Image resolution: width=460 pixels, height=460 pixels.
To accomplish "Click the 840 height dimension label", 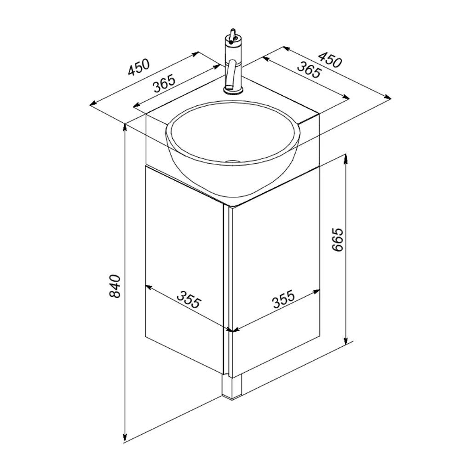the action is coord(115,286).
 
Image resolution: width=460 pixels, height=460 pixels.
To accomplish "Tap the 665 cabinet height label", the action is coord(337,239).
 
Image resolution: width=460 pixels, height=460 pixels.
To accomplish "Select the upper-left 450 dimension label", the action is coord(139,67).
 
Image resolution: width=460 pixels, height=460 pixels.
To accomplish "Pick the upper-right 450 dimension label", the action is coord(330,60).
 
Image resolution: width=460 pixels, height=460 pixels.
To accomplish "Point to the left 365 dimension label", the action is coord(164,84).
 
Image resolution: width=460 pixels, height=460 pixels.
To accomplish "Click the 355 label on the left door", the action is coord(189,299).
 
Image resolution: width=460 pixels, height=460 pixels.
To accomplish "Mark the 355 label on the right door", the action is coord(283,299).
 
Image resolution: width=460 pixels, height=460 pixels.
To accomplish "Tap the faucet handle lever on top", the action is coord(233,34).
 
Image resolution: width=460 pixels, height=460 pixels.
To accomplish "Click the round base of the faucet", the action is coord(233,90).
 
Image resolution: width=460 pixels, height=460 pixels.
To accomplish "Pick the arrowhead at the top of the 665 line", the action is coord(346,159).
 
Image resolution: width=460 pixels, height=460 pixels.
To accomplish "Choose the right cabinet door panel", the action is coord(276,273).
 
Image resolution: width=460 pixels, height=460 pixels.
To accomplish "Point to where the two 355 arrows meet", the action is coord(232,331).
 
